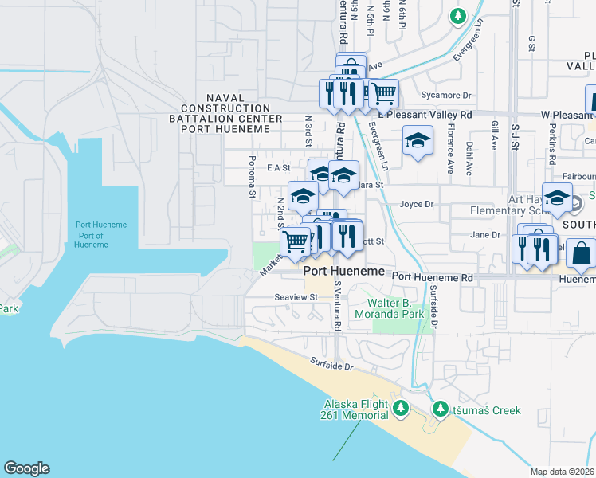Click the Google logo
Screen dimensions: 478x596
[x=26, y=468]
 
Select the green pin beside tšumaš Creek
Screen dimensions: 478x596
[x=440, y=409]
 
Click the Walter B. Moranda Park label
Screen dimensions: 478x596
[x=396, y=308]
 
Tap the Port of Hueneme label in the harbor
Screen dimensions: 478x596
[x=101, y=235]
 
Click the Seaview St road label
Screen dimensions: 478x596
[x=296, y=297]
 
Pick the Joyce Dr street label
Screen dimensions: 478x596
[x=416, y=204]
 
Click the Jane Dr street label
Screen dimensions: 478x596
[x=484, y=235]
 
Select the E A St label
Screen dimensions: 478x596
[x=278, y=168]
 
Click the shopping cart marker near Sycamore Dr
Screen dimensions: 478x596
[x=384, y=95]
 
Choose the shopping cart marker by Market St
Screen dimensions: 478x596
[x=296, y=242]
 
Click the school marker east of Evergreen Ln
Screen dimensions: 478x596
[x=416, y=142]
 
